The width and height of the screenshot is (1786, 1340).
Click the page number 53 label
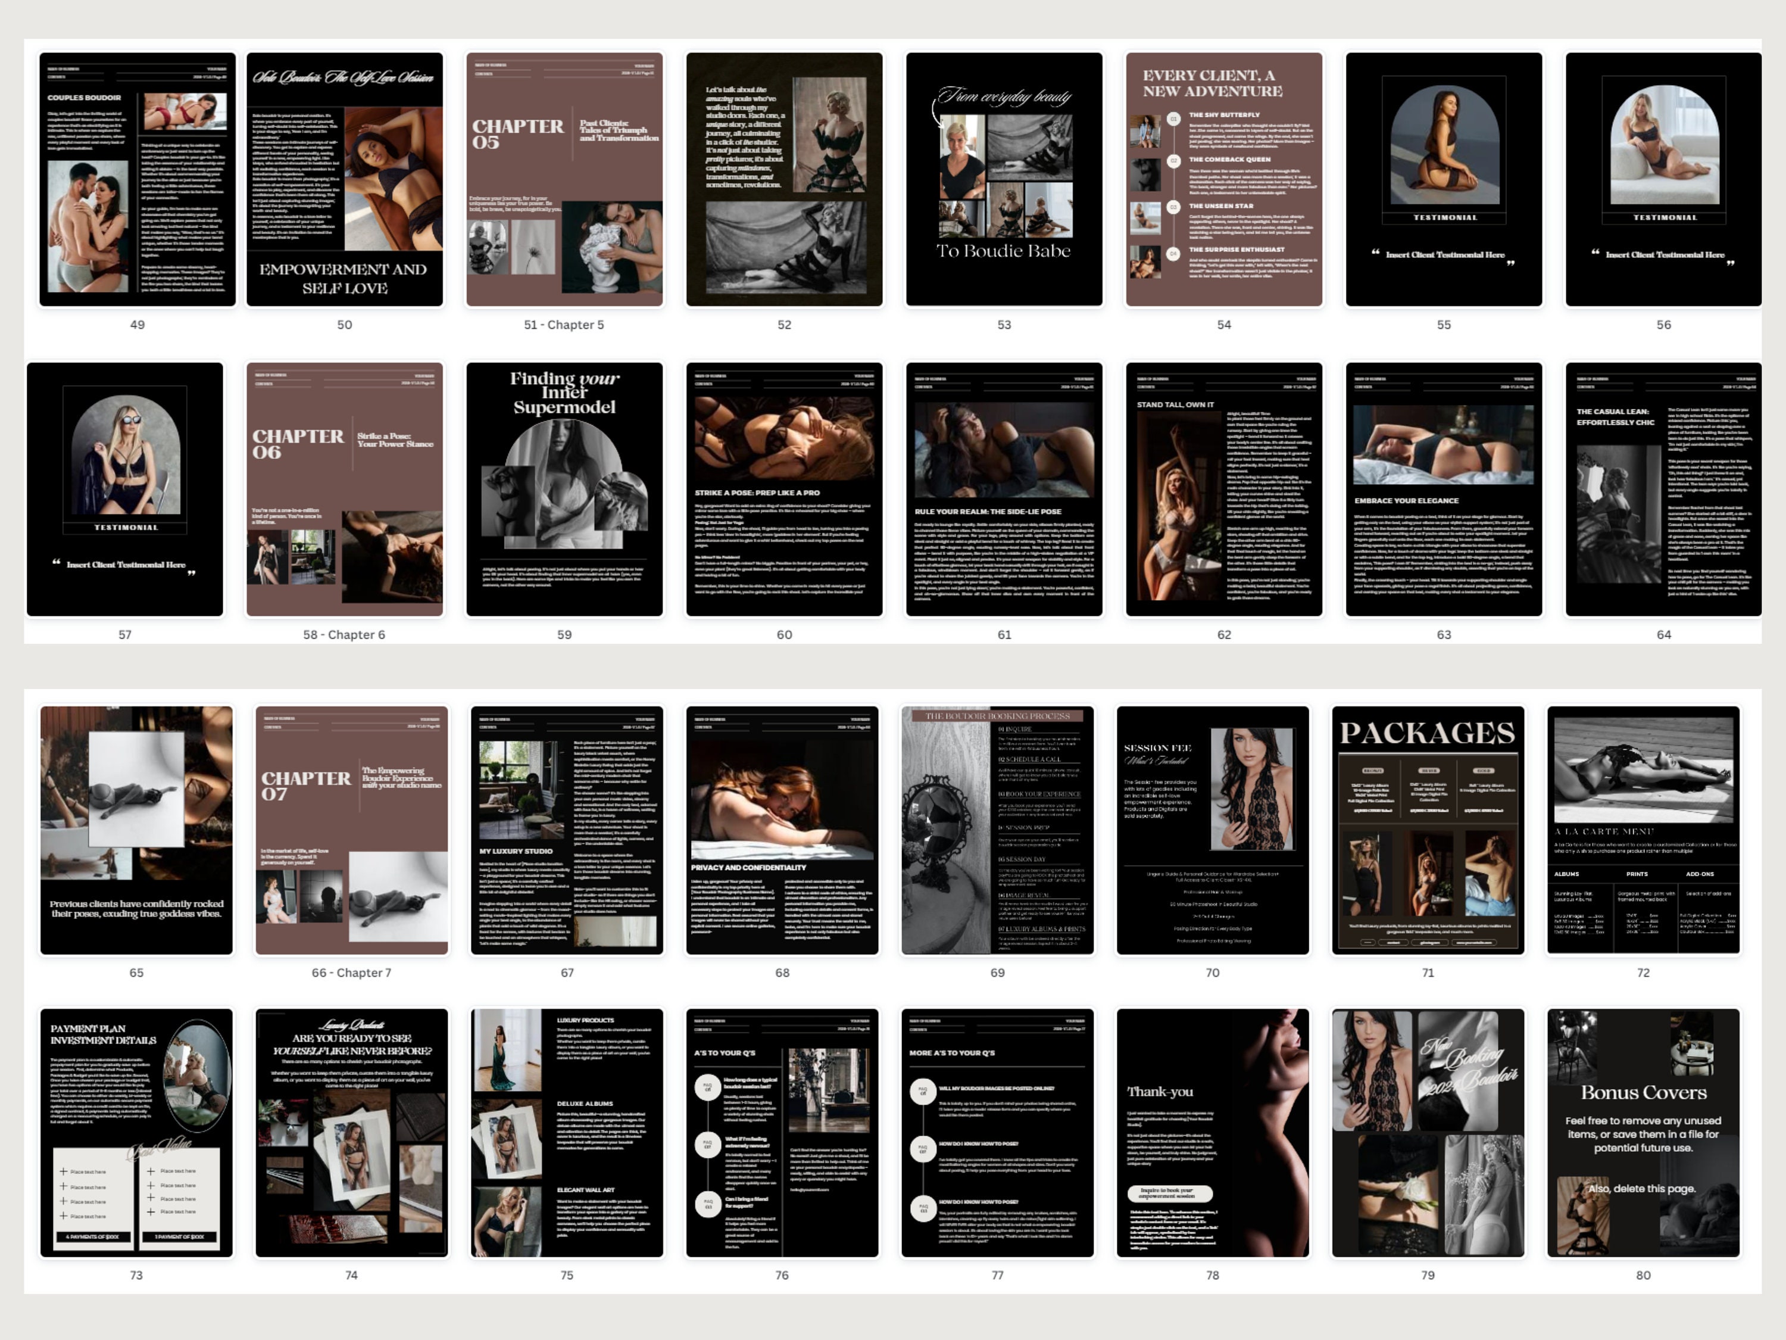tap(1004, 325)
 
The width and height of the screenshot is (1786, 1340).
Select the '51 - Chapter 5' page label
tap(564, 325)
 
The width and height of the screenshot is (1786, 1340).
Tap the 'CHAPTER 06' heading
tap(298, 444)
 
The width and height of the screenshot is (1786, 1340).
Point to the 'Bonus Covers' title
tap(1643, 1092)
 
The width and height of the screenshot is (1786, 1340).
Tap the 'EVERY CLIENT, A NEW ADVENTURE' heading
tap(1212, 83)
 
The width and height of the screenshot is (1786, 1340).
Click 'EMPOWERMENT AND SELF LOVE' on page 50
tap(344, 279)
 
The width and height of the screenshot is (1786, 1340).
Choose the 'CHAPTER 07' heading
tap(306, 785)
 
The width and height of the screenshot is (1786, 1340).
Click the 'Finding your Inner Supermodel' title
tap(564, 392)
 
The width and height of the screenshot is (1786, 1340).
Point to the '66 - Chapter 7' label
tap(351, 973)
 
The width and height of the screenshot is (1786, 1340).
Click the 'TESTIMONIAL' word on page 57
tap(125, 528)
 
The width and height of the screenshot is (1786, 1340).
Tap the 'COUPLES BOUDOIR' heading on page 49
tap(84, 98)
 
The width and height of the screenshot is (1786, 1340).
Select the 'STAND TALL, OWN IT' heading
tap(1175, 404)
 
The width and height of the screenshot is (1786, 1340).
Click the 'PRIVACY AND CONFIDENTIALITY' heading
tap(748, 868)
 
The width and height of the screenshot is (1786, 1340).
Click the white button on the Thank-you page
tap(1170, 1193)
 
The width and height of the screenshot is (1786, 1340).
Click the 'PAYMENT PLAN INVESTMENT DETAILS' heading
tap(104, 1034)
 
